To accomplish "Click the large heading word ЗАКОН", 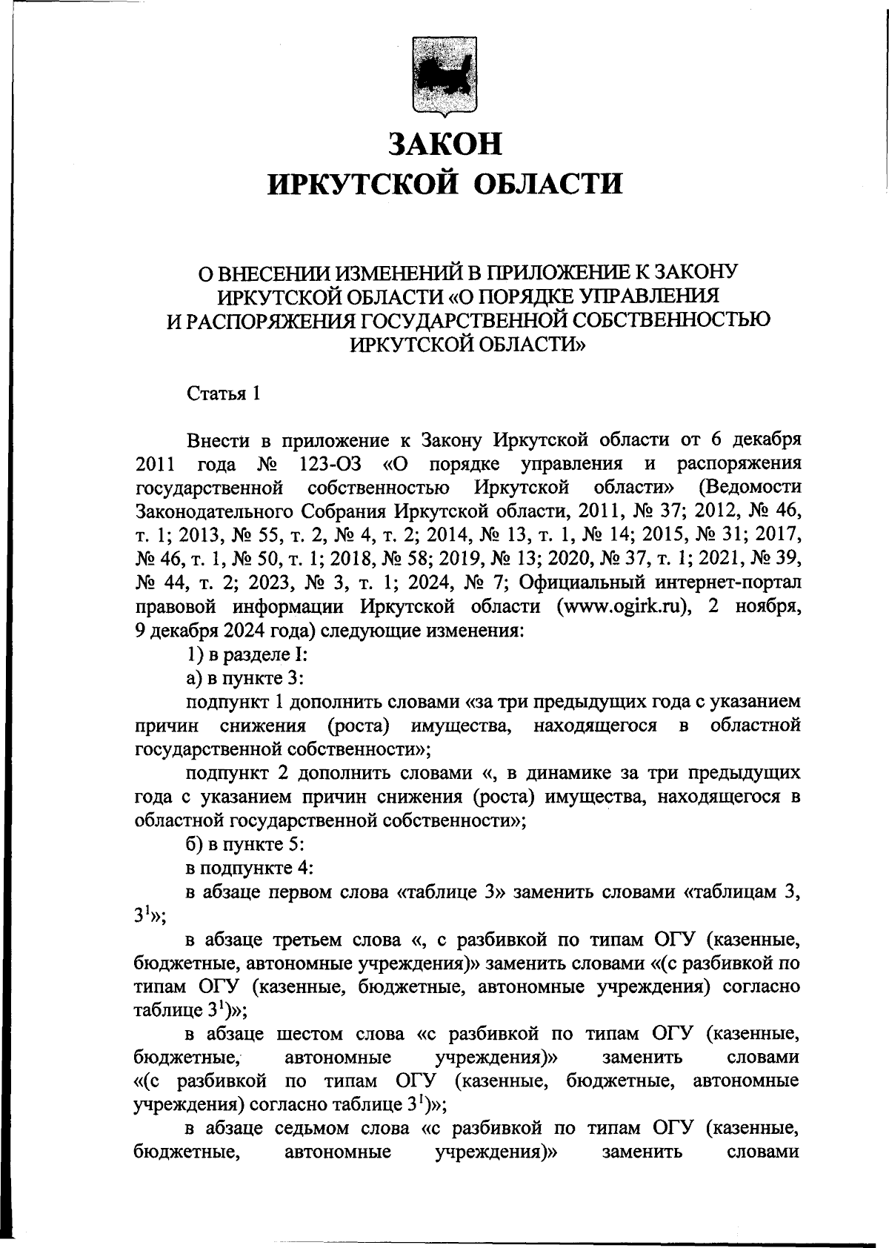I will (x=445, y=143).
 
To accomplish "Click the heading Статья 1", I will (x=223, y=394).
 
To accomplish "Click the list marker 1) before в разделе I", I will (x=194, y=654).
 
